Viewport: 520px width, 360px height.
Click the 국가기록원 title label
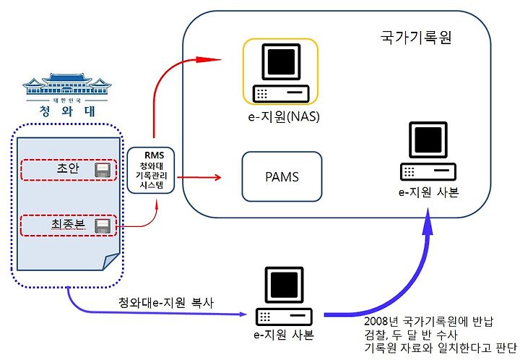pyautogui.click(x=416, y=37)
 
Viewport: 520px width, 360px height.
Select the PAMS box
pyautogui.click(x=282, y=176)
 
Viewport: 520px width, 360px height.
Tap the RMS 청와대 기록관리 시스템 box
pyautogui.click(x=151, y=170)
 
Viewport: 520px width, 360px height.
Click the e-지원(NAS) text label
pyautogui.click(x=284, y=116)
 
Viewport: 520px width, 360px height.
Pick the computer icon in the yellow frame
pyautogui.click(x=281, y=73)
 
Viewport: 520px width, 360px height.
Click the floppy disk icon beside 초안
pyautogui.click(x=102, y=170)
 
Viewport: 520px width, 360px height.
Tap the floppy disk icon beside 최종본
pyautogui.click(x=102, y=226)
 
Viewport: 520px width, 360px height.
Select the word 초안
pyautogui.click(x=68, y=168)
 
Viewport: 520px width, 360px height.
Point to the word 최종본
pyautogui.click(x=68, y=224)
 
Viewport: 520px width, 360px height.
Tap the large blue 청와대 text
pyautogui.click(x=67, y=111)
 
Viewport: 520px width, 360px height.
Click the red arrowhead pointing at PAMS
pyautogui.click(x=217, y=177)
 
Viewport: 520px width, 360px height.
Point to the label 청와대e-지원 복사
pyautogui.click(x=166, y=302)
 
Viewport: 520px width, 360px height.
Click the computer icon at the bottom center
pyautogui.click(x=284, y=296)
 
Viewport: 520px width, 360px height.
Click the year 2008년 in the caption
pyautogui.click(x=381, y=321)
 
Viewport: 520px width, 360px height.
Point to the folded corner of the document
pyautogui.click(x=111, y=262)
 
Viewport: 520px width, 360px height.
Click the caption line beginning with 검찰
pyautogui.click(x=410, y=335)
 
